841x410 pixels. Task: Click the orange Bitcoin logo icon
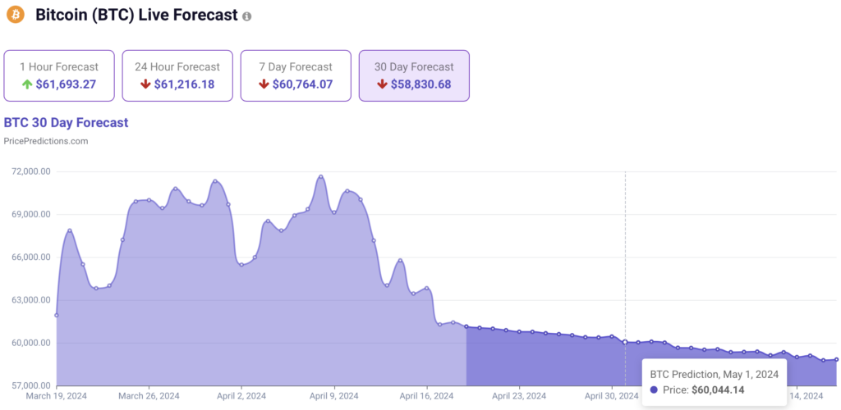click(x=16, y=16)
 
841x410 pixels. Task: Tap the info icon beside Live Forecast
click(x=247, y=16)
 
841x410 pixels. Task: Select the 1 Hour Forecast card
click(x=59, y=75)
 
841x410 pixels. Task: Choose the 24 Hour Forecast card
click(x=177, y=75)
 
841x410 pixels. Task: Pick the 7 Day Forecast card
click(x=296, y=75)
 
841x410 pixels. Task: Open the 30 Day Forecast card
click(x=414, y=75)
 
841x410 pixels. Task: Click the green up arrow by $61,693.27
click(x=28, y=84)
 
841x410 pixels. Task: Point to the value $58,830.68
click(x=420, y=84)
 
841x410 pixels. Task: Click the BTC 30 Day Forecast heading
click(x=67, y=123)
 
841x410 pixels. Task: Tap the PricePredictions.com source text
click(x=46, y=141)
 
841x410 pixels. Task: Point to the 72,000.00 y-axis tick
click(x=28, y=172)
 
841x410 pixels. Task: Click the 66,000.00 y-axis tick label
click(x=28, y=257)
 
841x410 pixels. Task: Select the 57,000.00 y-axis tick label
click(x=28, y=385)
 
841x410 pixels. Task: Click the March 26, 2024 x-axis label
click(x=149, y=396)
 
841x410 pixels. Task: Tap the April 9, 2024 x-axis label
click(x=334, y=396)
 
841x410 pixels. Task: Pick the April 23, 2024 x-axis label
click(x=519, y=396)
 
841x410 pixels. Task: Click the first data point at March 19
click(x=57, y=315)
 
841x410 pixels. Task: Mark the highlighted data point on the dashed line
click(x=625, y=342)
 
